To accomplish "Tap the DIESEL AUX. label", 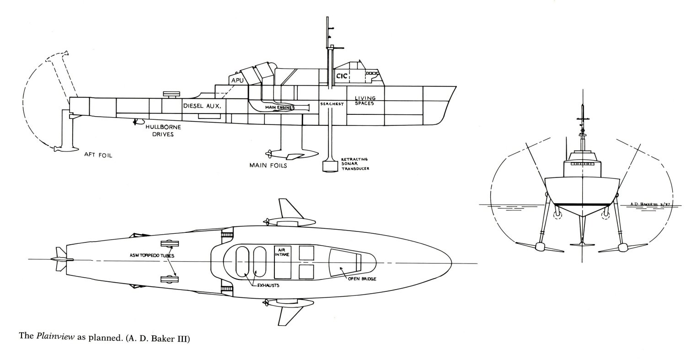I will click(202, 105).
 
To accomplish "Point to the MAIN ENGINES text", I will click(275, 107).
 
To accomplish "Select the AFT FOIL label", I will click(98, 155).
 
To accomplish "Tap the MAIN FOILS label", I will click(268, 165).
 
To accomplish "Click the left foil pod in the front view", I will click(540, 247).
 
